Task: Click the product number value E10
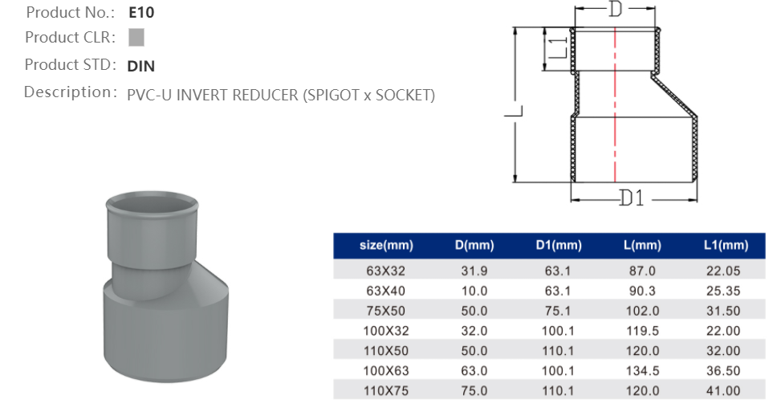tap(141, 13)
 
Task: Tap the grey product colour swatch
tap(136, 37)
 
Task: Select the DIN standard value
tap(141, 66)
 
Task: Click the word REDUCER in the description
tap(266, 96)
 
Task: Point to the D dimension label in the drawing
tap(616, 10)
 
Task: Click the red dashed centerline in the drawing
tap(615, 104)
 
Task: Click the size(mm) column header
tap(386, 246)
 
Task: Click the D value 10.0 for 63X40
tap(474, 292)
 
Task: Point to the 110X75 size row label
tap(386, 390)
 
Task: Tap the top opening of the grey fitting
tap(152, 202)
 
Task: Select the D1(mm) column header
tap(558, 246)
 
